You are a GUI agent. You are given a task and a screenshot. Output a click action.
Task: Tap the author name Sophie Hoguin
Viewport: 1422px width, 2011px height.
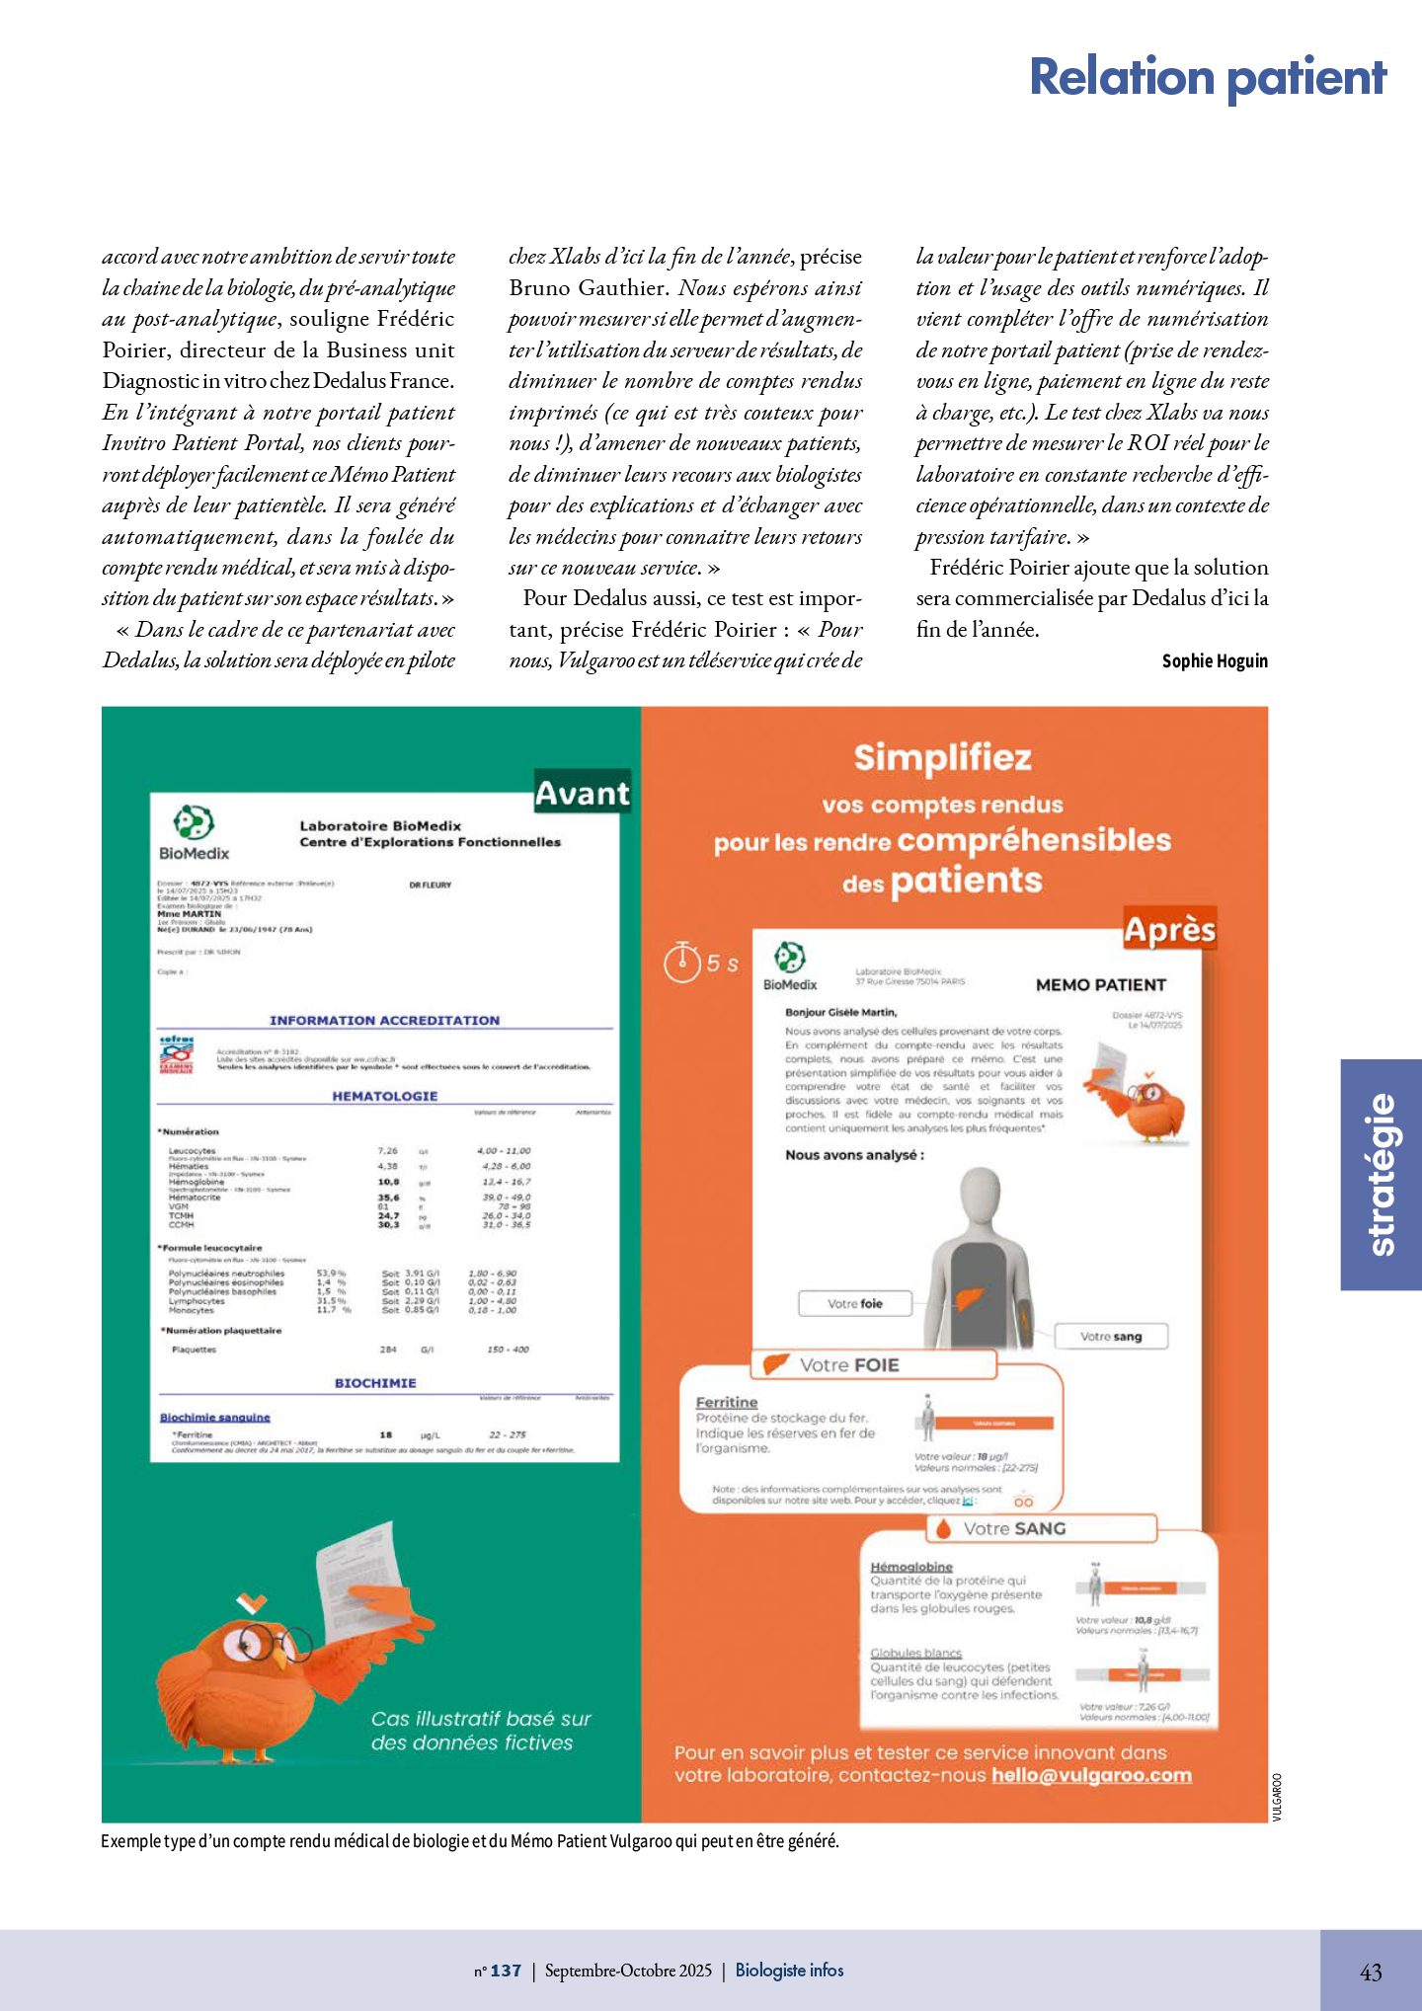coord(1214,661)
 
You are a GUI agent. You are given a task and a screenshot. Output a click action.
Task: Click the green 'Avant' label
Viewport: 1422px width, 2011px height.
coord(582,793)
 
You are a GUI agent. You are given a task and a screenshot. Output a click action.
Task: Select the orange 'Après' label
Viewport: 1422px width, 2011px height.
coord(1169,930)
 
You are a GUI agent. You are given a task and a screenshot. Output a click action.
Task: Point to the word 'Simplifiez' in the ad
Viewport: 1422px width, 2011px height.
coord(942,758)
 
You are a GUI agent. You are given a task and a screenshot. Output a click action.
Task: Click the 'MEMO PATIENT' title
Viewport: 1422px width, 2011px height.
coord(1100,984)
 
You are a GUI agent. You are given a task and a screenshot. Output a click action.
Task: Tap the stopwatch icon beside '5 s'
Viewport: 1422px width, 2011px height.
coord(681,963)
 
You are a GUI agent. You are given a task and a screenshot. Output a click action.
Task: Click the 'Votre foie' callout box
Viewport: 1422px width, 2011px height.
coord(855,1303)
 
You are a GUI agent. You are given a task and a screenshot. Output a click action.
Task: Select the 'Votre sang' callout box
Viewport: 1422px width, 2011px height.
coord(1111,1336)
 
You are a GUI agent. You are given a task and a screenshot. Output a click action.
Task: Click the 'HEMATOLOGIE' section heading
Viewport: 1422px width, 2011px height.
coord(384,1096)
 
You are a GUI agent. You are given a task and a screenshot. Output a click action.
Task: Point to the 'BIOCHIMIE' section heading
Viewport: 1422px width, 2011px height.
coord(375,1383)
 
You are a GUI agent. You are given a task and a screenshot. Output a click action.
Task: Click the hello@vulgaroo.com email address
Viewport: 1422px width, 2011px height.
coord(1091,1775)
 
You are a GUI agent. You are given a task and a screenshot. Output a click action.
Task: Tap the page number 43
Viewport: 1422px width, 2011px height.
coord(1371,1972)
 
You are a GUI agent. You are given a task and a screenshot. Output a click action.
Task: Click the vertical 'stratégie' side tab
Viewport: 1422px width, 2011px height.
coord(1382,1175)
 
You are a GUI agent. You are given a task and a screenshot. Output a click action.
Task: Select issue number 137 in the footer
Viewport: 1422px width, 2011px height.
coord(505,1971)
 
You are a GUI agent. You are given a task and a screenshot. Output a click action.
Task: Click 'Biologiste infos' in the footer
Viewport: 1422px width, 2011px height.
coord(789,1971)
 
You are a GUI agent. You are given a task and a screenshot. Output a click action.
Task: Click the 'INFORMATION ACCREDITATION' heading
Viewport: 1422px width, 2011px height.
coord(384,1020)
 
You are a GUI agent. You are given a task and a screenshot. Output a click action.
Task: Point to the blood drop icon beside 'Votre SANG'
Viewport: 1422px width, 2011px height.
coord(943,1528)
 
